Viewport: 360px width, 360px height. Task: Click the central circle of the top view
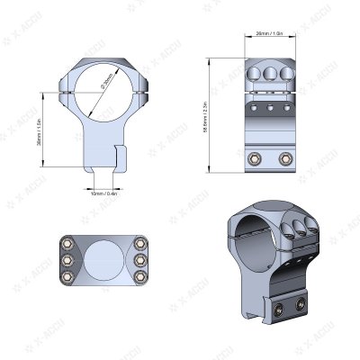click(x=103, y=259)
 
